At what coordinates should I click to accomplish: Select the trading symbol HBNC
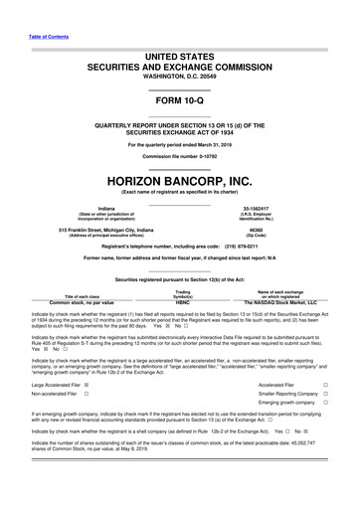coord(181,273)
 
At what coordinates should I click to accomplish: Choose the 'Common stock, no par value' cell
coord(70,273)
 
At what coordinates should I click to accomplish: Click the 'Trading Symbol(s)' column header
coord(181,265)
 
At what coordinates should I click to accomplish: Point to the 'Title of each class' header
coord(70,268)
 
